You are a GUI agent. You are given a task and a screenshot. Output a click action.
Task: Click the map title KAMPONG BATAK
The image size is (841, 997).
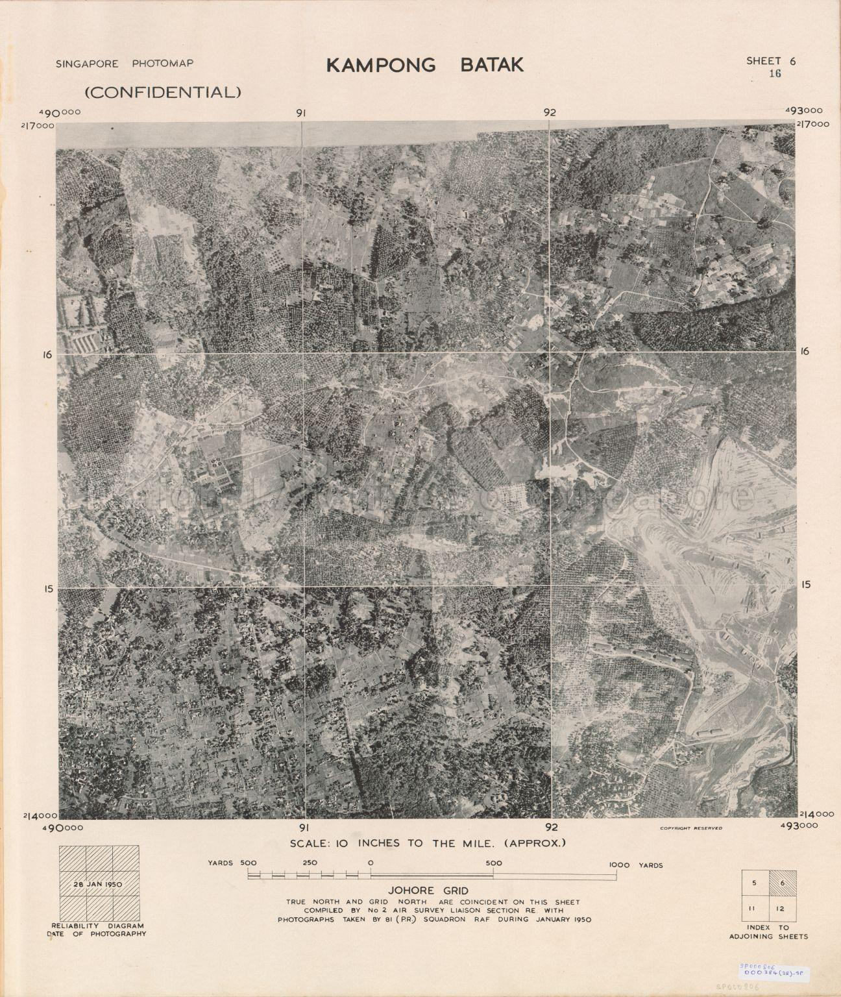(424, 65)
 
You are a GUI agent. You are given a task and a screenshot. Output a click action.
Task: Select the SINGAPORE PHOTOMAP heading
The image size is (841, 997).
(125, 64)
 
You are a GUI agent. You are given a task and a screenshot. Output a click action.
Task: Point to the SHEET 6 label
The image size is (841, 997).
(771, 61)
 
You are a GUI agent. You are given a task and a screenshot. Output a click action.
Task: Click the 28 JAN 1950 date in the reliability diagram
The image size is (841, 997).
(99, 883)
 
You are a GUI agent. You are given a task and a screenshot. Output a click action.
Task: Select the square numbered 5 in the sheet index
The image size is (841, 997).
(754, 883)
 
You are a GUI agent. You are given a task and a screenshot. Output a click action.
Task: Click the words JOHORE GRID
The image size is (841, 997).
(420, 891)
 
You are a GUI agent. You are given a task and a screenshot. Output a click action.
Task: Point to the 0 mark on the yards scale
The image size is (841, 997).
(370, 864)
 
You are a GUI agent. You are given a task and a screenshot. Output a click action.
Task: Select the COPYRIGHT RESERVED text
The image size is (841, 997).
(690, 828)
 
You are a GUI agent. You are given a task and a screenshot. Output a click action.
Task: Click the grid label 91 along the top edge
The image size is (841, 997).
(301, 113)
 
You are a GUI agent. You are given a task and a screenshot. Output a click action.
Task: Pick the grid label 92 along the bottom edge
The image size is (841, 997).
(551, 827)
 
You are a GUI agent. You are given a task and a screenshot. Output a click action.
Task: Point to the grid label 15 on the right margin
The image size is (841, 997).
(805, 584)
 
